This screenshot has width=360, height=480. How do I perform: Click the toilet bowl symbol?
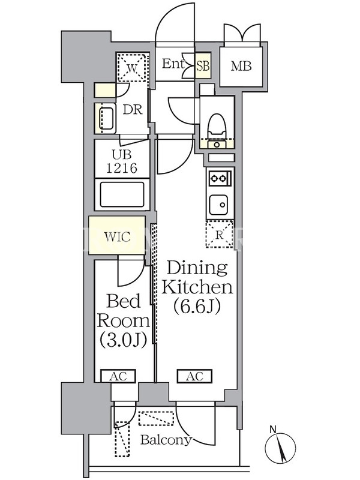[217, 126]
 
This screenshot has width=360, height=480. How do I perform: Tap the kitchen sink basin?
[218, 205]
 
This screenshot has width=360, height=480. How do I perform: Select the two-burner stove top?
[220, 178]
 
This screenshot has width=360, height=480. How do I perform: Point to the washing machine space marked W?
[132, 68]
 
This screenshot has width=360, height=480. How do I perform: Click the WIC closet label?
[117, 236]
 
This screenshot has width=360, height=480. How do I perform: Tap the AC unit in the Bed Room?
[118, 376]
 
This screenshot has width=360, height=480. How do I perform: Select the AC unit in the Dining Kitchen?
[194, 376]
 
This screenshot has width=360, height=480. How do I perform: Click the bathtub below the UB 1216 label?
[122, 194]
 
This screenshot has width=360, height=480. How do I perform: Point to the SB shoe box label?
[203, 66]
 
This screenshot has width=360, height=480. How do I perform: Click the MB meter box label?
[241, 66]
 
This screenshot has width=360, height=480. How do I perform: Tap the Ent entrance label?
[173, 64]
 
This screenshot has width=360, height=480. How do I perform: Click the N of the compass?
[273, 430]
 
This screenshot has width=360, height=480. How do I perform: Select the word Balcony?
[166, 440]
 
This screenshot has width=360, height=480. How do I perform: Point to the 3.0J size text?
[124, 340]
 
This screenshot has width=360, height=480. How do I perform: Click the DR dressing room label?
[133, 110]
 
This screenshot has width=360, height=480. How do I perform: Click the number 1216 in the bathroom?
[122, 168]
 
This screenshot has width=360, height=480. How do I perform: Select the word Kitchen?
[197, 287]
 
